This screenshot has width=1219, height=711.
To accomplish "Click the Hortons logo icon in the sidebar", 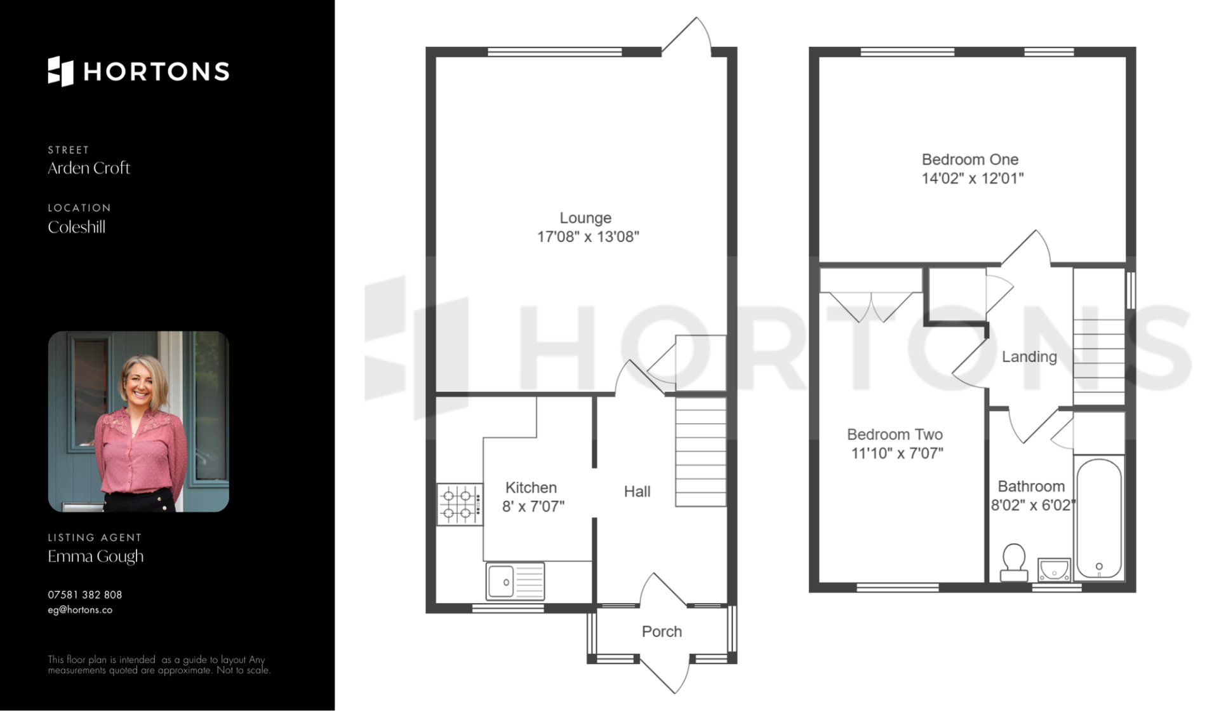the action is point(61,71).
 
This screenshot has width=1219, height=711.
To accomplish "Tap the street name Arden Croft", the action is point(89,168).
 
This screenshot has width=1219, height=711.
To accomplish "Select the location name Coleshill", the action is point(76,227).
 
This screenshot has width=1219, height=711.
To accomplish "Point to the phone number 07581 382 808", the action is point(85,595).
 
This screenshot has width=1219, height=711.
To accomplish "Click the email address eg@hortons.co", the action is point(80,610).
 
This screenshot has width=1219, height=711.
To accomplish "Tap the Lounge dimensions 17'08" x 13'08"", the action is point(588,237).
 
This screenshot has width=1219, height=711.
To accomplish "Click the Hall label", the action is point(637,491).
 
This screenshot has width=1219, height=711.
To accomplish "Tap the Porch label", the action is point(662,632).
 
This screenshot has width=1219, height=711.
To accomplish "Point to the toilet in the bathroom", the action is point(1014,562).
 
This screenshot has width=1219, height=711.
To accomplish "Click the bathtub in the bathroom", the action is point(1099,518).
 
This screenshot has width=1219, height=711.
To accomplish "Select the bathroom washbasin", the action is point(1054,569).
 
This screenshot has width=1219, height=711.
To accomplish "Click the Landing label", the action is point(1029,357).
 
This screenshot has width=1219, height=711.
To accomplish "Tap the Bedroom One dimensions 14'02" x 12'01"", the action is point(973,179).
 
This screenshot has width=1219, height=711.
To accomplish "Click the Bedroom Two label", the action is point(895,435).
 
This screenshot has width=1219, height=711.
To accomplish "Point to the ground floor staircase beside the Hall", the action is point(700,452).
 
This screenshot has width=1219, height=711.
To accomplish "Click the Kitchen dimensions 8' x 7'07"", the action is point(533,506).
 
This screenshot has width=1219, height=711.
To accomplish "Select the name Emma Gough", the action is point(96,557).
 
